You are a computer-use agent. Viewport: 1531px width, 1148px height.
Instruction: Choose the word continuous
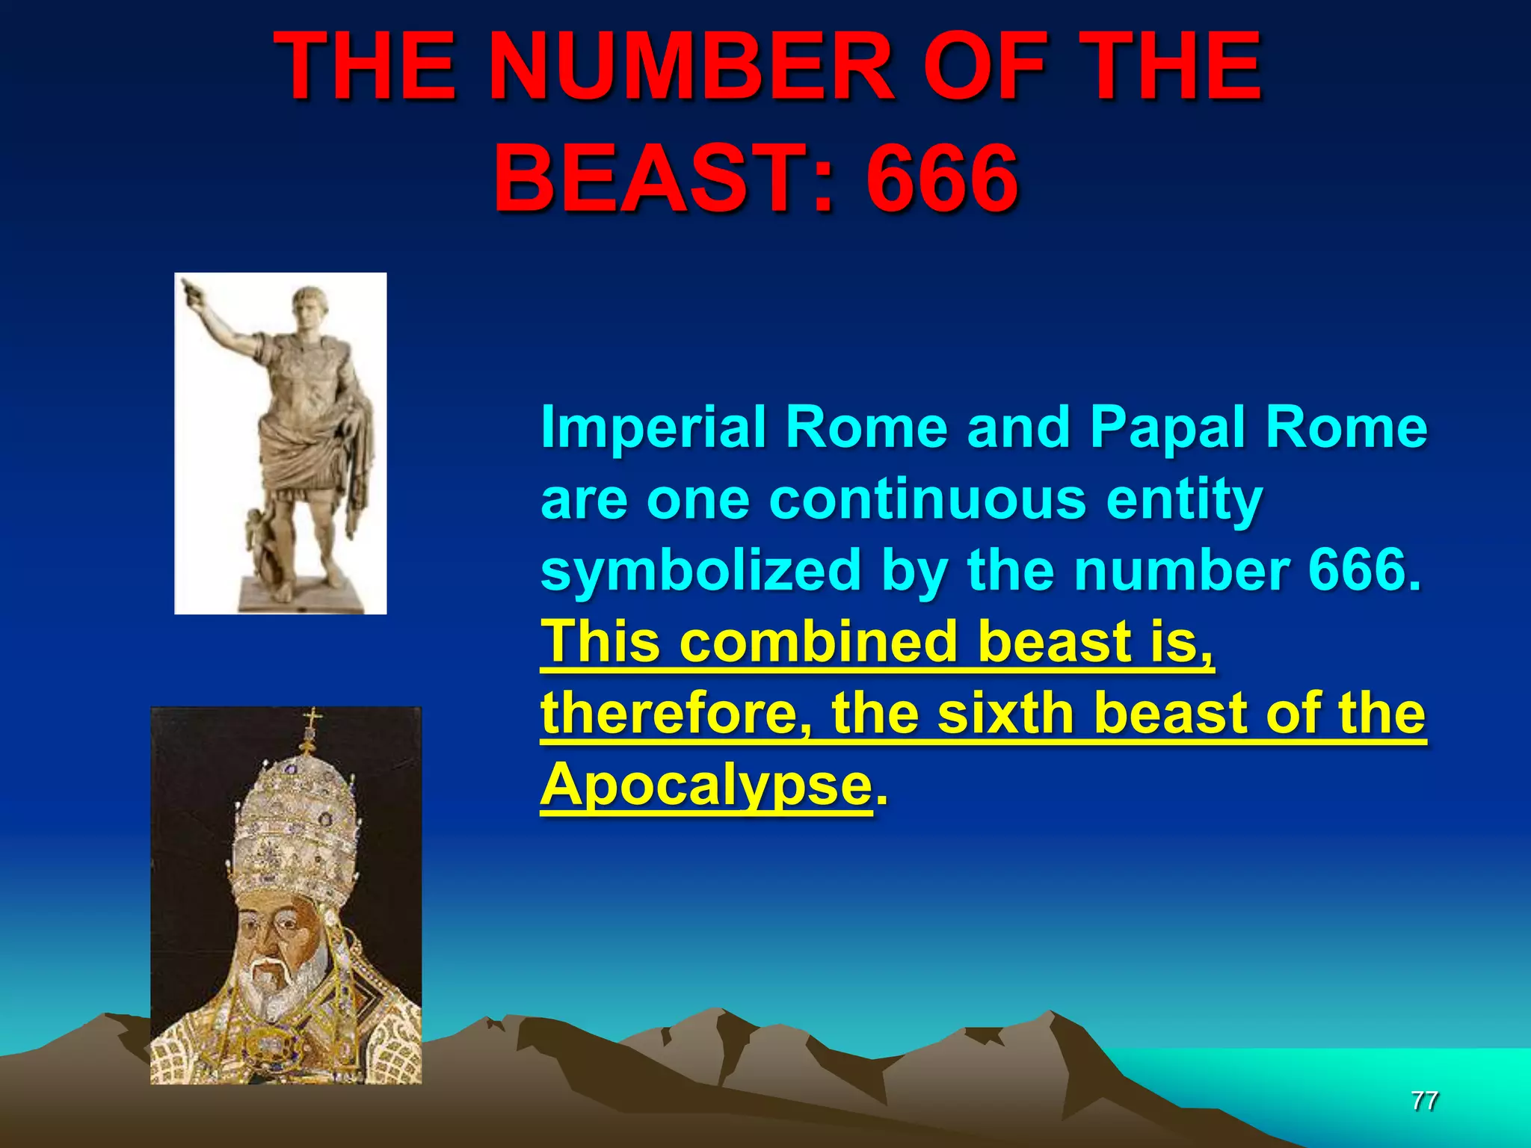coord(927,499)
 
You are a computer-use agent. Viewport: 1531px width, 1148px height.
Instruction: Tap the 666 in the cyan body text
coord(1363,570)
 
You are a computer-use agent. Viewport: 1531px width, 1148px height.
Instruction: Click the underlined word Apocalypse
coord(706,785)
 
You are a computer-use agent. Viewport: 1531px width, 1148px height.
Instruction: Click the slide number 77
coord(1424,1101)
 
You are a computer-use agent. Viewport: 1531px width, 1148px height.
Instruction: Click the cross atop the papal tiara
coord(312,719)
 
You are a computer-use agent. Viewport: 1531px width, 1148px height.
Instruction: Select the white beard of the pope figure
coord(280,987)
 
